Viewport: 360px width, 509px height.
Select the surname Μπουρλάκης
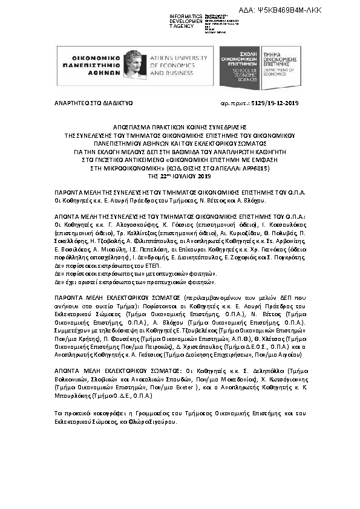pyautogui.click(x=73, y=395)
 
